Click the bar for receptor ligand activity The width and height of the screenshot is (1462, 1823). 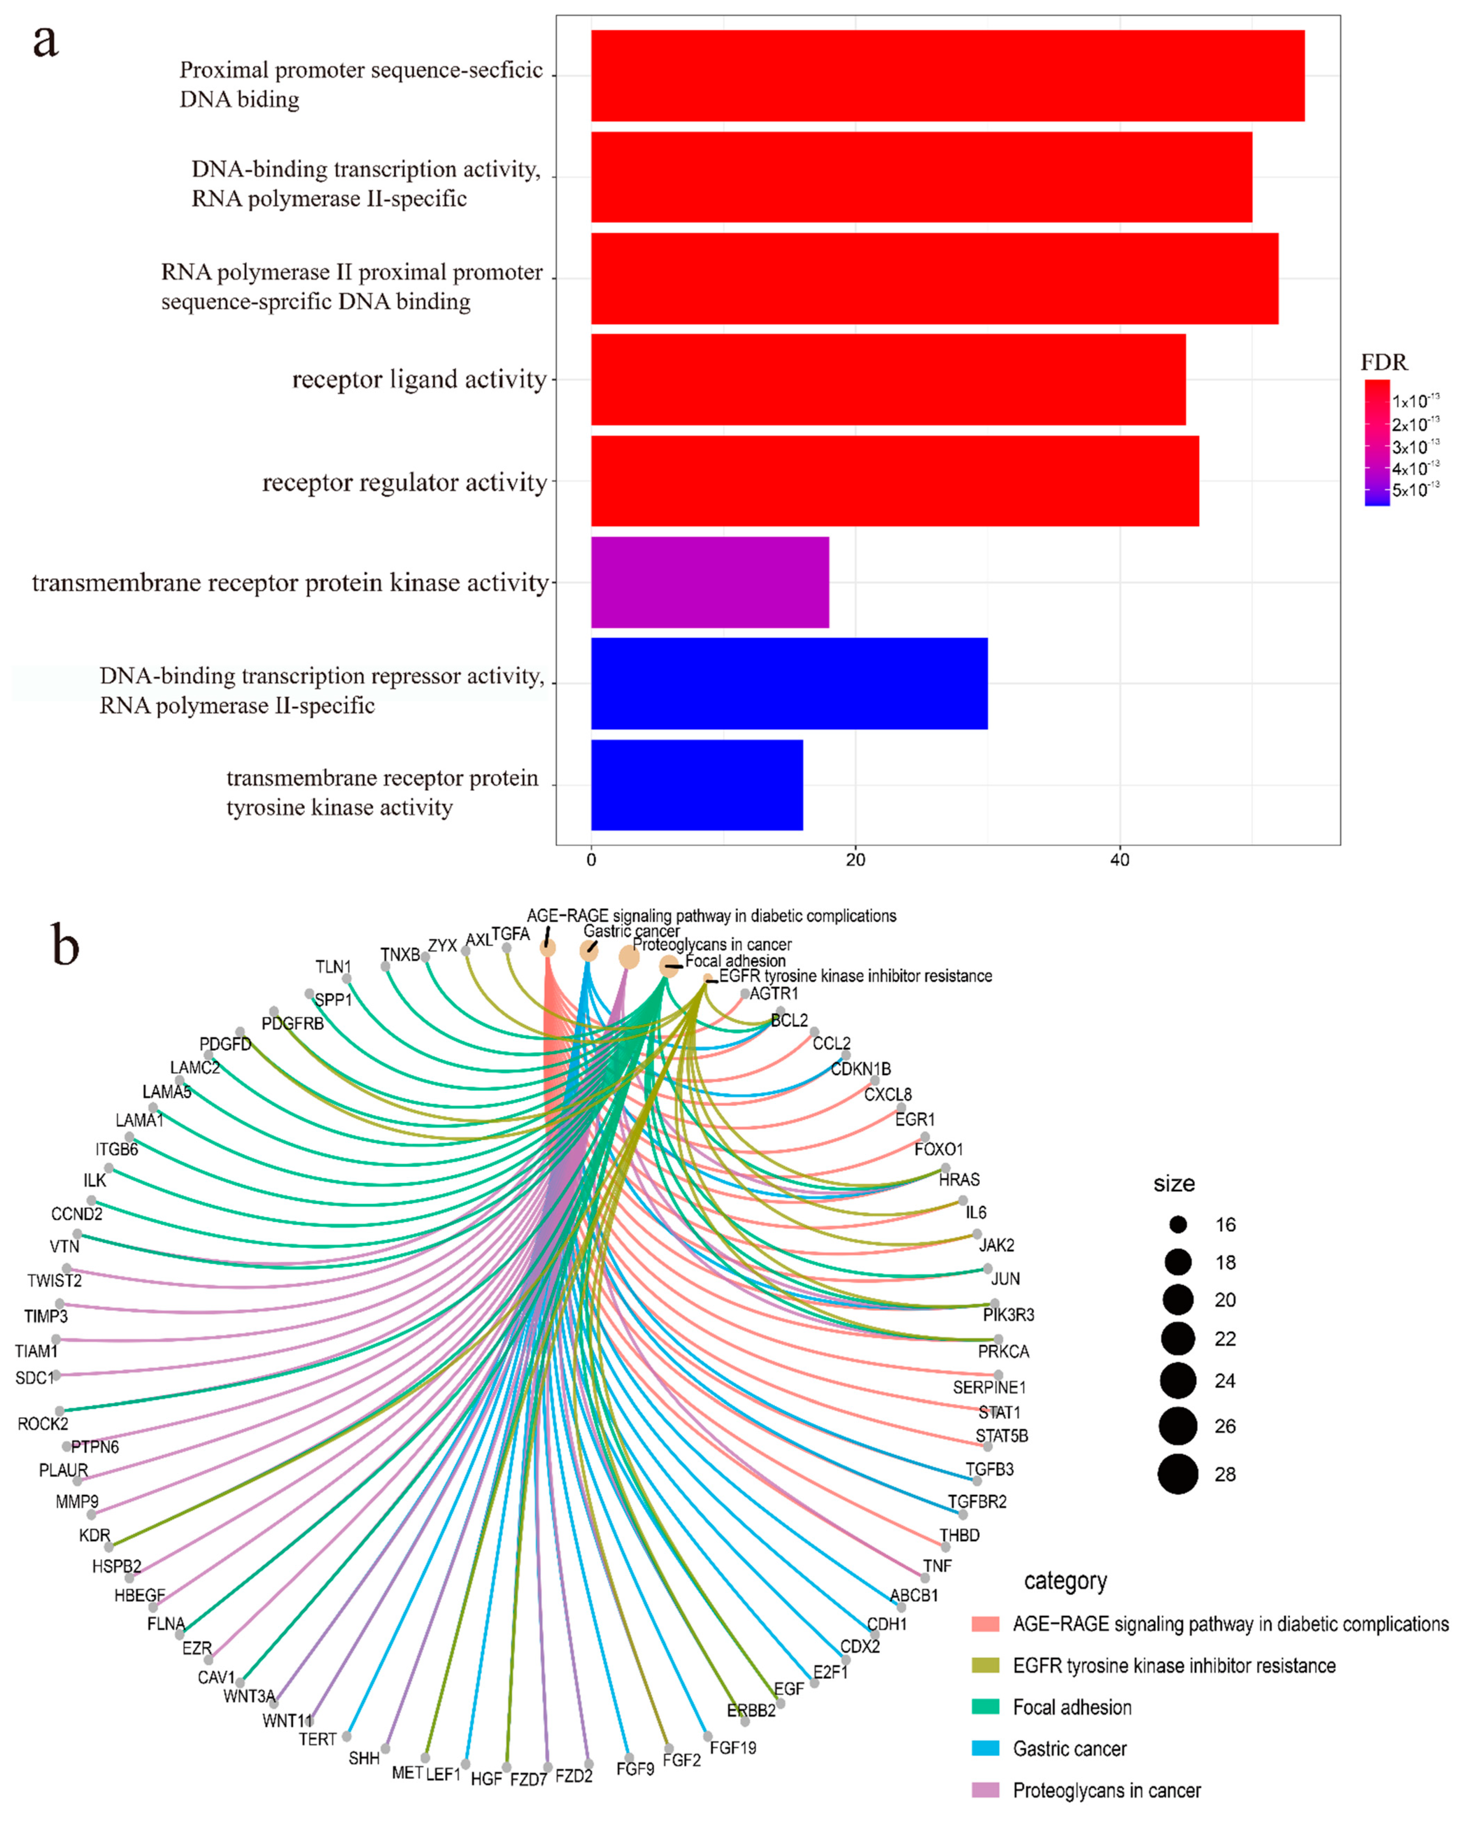[x=887, y=379]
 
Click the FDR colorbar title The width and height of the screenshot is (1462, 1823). [x=1383, y=363]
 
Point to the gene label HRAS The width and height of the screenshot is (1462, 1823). [x=959, y=1180]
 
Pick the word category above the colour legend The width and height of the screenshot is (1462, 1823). [x=1065, y=1581]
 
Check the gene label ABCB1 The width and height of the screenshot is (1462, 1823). [x=914, y=1595]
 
